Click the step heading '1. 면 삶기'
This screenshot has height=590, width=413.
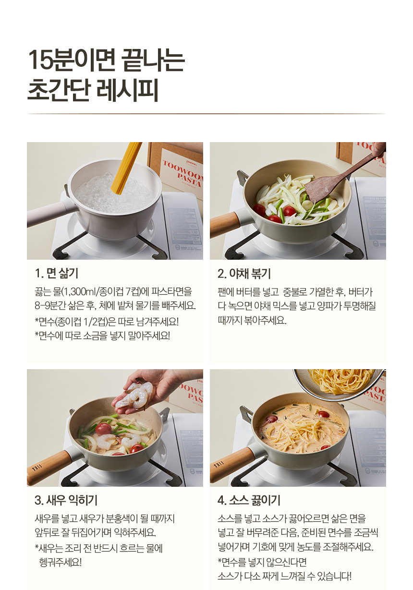click(56, 274)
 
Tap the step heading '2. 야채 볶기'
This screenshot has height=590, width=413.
click(244, 274)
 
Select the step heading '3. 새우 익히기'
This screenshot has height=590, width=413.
click(66, 500)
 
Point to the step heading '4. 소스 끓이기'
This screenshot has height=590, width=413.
click(249, 500)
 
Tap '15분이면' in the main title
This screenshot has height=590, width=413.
click(72, 60)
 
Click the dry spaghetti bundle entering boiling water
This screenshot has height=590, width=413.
click(126, 168)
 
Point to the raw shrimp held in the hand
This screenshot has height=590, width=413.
click(135, 396)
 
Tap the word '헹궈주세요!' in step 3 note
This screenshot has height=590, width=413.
click(61, 562)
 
